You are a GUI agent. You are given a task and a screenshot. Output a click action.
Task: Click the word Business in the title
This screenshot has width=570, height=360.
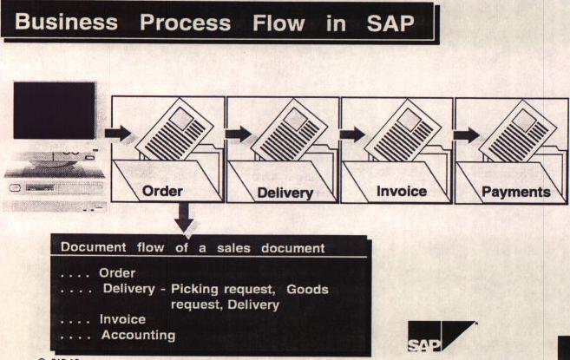66,23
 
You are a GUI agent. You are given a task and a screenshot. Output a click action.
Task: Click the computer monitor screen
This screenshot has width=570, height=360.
55,110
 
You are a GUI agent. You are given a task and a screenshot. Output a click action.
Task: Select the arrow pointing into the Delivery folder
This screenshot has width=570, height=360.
236,134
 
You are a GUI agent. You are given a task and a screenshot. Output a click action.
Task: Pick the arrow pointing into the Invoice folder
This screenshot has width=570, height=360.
351,134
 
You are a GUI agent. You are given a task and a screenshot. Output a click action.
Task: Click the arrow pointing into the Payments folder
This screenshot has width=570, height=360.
466,134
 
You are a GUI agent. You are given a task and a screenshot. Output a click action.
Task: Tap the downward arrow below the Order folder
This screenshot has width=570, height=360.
185,218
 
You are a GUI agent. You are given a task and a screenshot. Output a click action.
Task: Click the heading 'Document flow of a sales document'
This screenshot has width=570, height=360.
192,248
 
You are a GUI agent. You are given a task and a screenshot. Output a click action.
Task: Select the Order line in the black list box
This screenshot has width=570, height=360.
117,273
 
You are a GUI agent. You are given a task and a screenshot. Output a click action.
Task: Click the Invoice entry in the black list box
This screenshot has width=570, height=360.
122,319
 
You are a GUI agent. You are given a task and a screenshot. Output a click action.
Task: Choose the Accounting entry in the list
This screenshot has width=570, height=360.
138,335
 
